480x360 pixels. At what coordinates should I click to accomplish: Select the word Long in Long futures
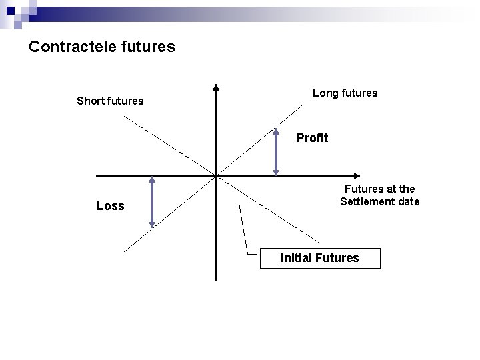325,93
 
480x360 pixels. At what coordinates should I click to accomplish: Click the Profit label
312,138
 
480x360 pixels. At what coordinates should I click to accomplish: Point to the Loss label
110,206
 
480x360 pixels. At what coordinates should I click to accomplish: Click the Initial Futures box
319,258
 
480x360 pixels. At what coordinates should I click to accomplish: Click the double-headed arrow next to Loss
152,203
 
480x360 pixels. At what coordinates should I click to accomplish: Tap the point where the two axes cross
216,175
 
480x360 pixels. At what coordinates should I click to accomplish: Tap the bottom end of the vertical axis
216,278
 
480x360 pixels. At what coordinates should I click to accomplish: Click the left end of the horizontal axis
98,175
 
